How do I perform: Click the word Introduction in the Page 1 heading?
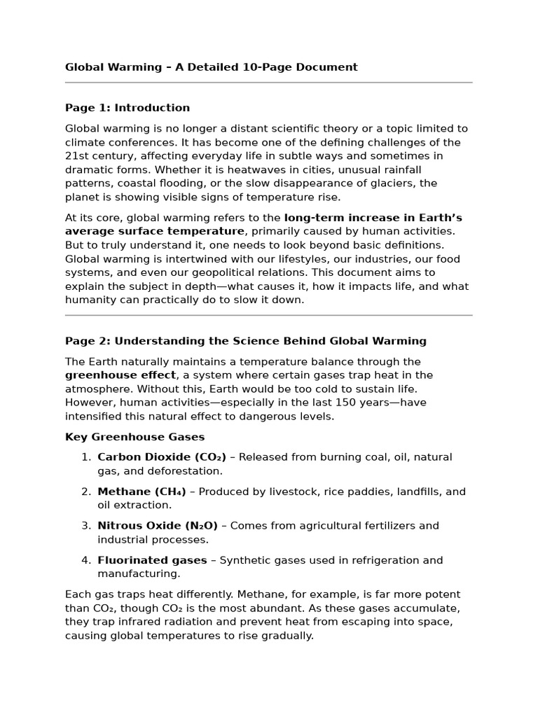152,108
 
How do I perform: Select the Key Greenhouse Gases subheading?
134,437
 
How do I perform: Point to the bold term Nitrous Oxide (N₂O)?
158,526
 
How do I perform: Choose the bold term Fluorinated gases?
152,560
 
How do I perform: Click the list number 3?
85,526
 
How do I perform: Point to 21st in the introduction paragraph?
76,156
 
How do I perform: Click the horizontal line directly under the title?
269,83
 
